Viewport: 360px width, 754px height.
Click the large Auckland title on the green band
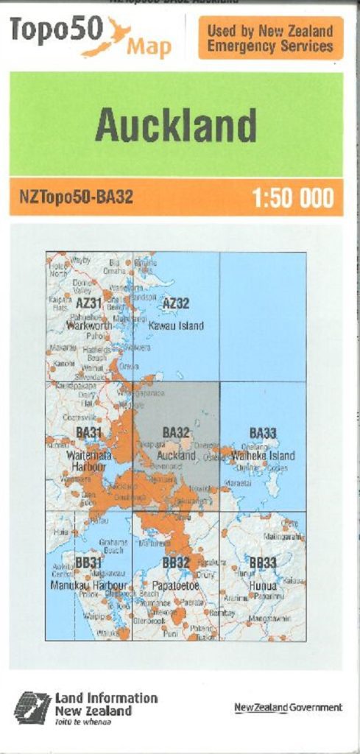pyautogui.click(x=176, y=125)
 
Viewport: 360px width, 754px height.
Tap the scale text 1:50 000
pyautogui.click(x=292, y=198)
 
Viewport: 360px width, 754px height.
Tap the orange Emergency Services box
pyautogui.click(x=270, y=38)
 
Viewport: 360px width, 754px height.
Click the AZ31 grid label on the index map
pyautogui.click(x=88, y=303)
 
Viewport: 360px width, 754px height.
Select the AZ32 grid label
pyautogui.click(x=176, y=303)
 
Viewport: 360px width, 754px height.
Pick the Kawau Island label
pyautogui.click(x=176, y=325)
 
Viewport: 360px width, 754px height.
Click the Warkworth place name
pyautogui.click(x=89, y=325)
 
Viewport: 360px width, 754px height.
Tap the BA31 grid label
pyautogui.click(x=88, y=432)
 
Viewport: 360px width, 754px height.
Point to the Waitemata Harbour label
pyautogui.click(x=89, y=461)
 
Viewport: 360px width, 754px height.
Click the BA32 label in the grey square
pyautogui.click(x=176, y=433)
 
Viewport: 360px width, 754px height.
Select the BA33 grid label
pyautogui.click(x=263, y=433)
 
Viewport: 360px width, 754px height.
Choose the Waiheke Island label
pyautogui.click(x=263, y=456)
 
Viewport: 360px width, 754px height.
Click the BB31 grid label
pyautogui.click(x=88, y=563)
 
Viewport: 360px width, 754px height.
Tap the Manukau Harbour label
pyautogui.click(x=89, y=585)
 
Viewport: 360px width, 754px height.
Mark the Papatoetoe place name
pyautogui.click(x=176, y=585)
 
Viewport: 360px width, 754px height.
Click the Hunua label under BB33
pyautogui.click(x=263, y=585)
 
